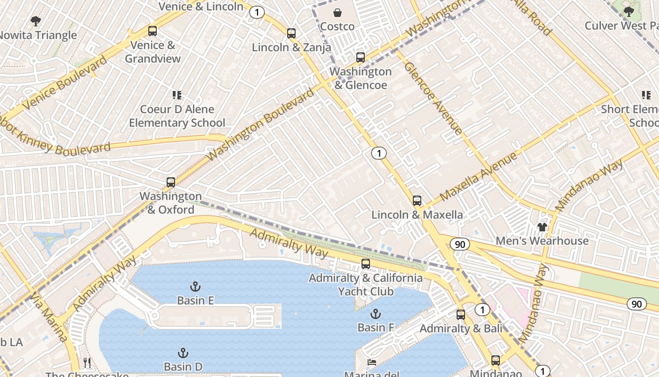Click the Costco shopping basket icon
[x=338, y=13]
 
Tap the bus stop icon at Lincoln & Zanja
[x=291, y=33]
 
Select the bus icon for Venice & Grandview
[x=153, y=31]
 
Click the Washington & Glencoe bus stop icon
[x=361, y=57]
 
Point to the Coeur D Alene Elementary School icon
[x=177, y=96]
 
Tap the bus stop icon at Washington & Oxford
[x=171, y=182]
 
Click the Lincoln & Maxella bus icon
[x=417, y=201]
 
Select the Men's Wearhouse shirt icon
[x=542, y=227]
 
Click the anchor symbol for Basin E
[x=195, y=286]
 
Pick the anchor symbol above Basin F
[x=375, y=313]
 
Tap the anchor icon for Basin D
[x=183, y=353]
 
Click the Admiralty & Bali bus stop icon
[x=461, y=315]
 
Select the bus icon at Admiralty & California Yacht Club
[x=366, y=264]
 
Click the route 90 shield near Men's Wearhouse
[x=459, y=244]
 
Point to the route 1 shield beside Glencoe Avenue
[x=378, y=153]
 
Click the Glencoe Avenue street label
[x=433, y=98]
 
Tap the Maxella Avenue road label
[x=479, y=176]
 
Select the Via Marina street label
[x=49, y=317]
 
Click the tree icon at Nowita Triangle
[x=36, y=21]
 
